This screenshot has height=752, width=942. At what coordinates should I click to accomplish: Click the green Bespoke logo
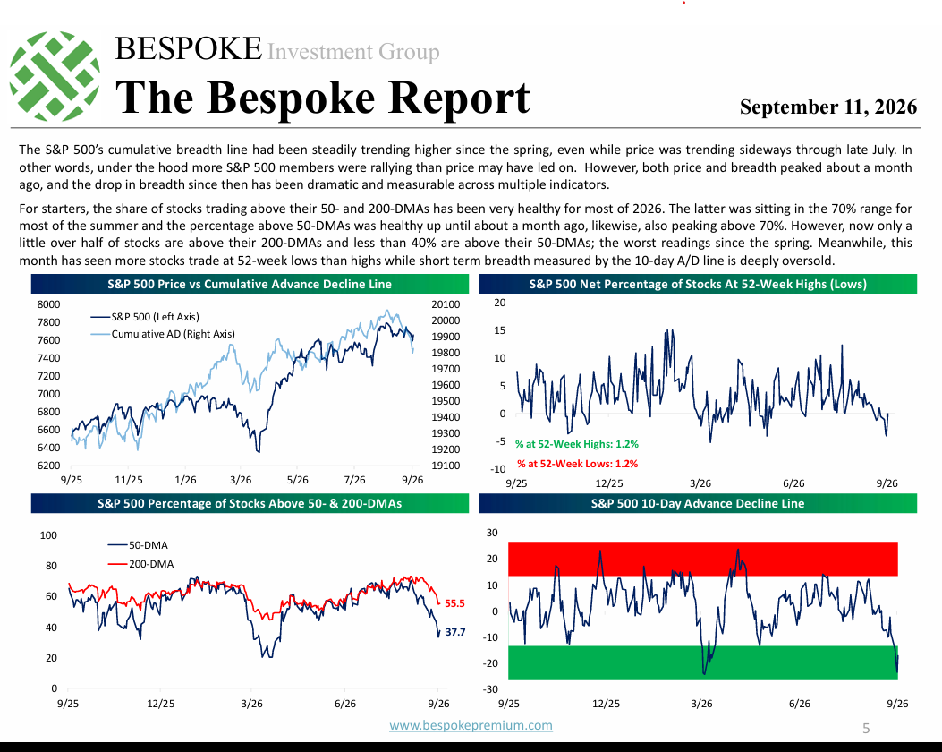[55, 76]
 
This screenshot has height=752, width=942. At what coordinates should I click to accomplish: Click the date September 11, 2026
[827, 107]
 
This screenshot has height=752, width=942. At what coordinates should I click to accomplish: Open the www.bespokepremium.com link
[471, 725]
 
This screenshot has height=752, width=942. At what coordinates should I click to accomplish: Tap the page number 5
[866, 729]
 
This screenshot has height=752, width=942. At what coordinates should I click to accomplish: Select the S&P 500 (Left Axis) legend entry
[145, 317]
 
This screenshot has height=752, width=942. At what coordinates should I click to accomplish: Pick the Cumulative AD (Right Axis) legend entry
[162, 334]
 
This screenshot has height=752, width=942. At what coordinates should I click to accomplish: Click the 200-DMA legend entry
[140, 564]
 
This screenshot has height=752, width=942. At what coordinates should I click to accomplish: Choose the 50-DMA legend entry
[138, 545]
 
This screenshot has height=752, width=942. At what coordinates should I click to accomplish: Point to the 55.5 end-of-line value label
[454, 603]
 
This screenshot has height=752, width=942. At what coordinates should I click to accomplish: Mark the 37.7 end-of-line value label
[455, 632]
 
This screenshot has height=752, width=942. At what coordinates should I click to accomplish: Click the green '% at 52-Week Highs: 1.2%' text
[577, 444]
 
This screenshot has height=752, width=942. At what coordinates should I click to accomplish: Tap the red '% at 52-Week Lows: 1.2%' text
[577, 464]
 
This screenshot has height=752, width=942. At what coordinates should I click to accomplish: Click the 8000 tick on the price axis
[48, 304]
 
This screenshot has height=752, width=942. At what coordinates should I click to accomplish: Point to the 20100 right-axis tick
[446, 304]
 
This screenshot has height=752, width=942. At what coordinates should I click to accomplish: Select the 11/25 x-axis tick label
[129, 480]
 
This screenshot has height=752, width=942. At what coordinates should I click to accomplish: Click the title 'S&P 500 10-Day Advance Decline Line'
[698, 504]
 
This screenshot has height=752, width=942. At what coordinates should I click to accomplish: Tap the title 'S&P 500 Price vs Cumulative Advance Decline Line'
[250, 285]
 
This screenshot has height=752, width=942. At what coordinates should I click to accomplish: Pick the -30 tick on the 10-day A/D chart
[491, 689]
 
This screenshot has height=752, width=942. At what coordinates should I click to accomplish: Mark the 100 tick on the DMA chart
[48, 535]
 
